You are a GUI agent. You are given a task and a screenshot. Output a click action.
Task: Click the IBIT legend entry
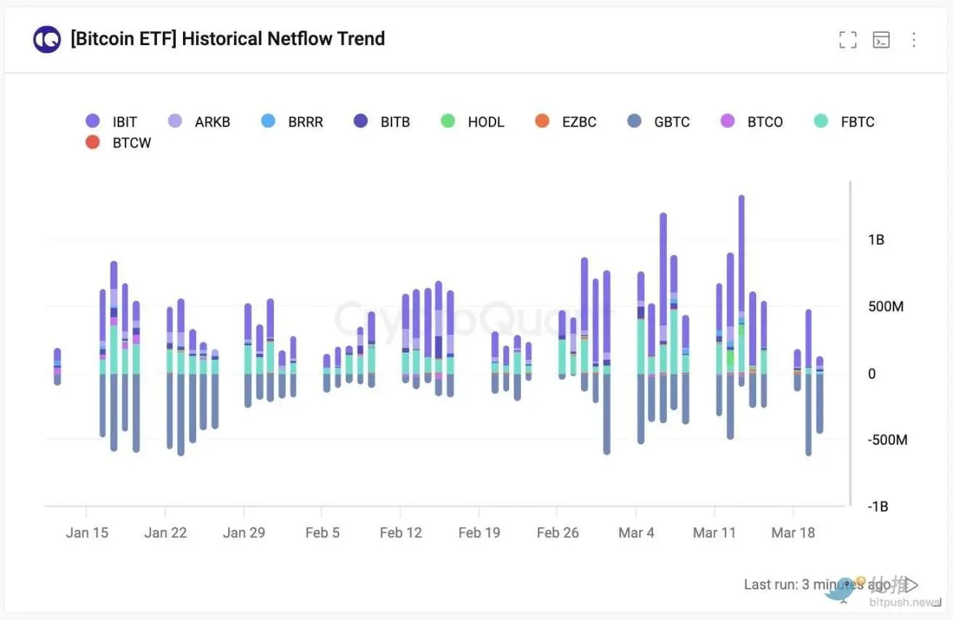pos(111,121)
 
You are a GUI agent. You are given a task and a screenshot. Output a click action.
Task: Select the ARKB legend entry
pos(199,121)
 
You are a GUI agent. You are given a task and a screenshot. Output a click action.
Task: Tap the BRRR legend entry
pos(292,121)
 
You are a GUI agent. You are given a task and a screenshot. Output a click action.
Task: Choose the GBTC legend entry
pos(659,121)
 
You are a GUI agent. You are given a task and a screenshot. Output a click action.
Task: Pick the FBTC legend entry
pos(845,121)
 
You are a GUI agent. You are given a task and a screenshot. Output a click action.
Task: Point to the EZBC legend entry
pos(567,121)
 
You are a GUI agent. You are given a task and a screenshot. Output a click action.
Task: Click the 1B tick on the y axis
pos(876,239)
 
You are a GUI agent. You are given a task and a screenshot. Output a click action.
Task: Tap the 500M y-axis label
pos(885,306)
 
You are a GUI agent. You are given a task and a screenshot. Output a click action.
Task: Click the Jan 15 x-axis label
pos(86,533)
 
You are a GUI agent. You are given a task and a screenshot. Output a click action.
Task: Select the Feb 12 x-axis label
pos(401,533)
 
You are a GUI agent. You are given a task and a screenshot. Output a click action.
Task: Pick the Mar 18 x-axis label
pos(793,533)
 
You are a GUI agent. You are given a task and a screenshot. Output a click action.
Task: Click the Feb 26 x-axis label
pos(558,533)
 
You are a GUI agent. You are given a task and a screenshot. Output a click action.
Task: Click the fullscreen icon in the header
pos(848,40)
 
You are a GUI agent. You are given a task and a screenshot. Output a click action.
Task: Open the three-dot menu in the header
pos(914,40)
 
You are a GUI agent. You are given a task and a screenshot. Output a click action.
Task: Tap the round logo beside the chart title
pos(46,39)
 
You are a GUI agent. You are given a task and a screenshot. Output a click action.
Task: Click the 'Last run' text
pos(770,584)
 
